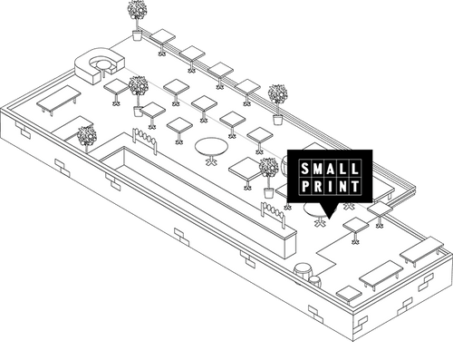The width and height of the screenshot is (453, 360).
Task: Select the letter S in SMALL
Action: coord(306,170)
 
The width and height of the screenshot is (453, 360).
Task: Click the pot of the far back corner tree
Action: coord(138,35)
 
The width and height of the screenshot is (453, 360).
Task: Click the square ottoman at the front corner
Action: coord(349,294)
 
